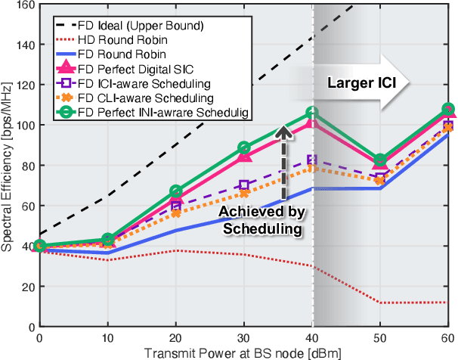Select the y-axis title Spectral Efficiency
(x=8, y=166)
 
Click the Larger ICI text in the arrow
(x=358, y=81)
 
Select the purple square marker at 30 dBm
(x=244, y=185)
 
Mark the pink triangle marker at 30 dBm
(x=244, y=156)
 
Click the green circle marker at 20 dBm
(x=175, y=191)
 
